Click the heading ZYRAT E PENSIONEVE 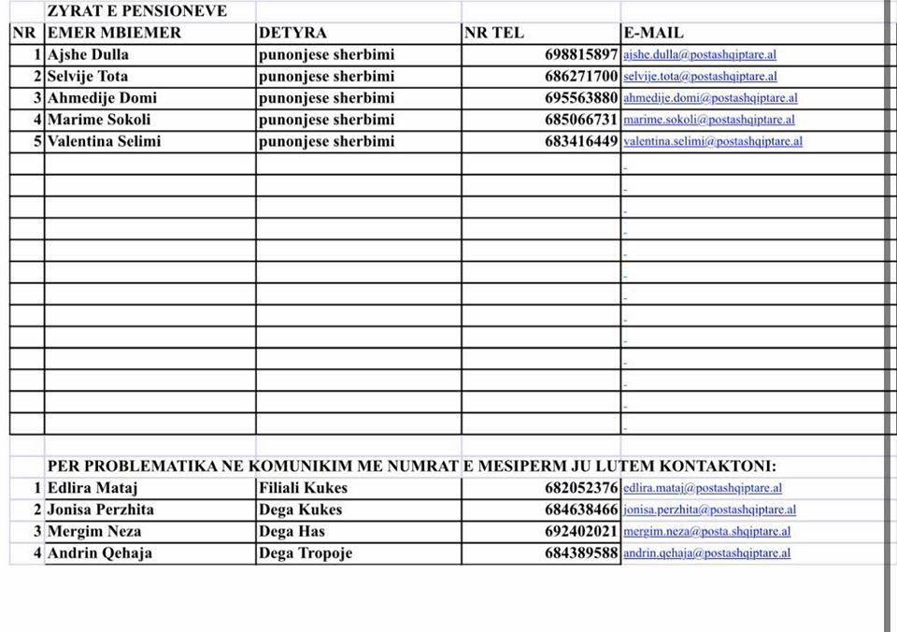click(136, 11)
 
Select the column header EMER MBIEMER click(114, 33)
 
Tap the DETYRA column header click(292, 33)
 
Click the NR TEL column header click(494, 33)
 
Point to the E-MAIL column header click(653, 33)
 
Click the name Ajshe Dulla click(88, 54)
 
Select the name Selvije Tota click(88, 76)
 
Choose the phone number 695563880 click(581, 98)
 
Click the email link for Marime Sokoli click(709, 120)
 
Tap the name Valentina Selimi click(104, 141)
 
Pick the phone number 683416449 click(581, 141)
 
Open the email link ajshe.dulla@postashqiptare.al click(700, 55)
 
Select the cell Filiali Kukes click(303, 487)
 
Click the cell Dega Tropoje click(306, 553)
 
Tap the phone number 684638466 click(581, 510)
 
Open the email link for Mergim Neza click(707, 532)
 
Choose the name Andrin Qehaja click(99, 553)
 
